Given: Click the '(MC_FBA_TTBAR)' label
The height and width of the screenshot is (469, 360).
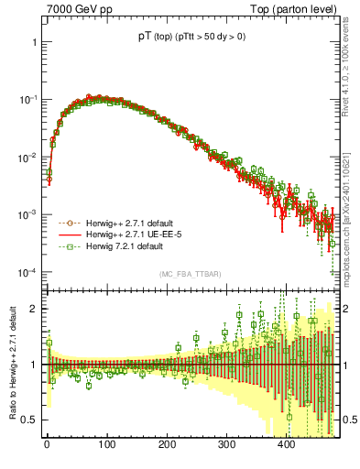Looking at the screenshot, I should click(x=187, y=275).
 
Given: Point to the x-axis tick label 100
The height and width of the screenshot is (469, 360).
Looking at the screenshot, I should click(x=106, y=446).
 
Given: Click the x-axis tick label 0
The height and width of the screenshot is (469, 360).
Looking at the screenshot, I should click(x=47, y=446).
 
